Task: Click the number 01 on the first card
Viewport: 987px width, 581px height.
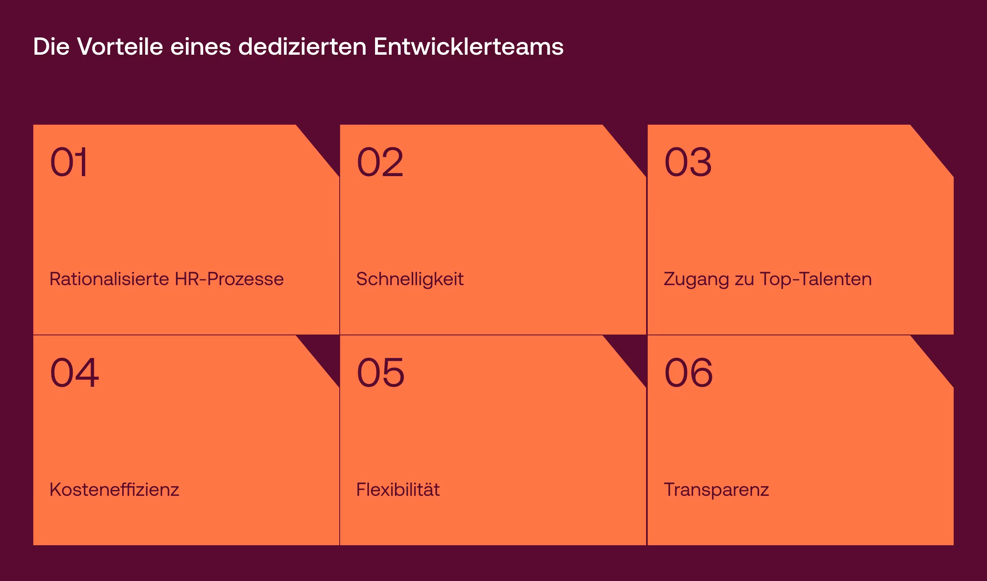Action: [69, 162]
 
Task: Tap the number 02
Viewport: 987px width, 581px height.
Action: [380, 162]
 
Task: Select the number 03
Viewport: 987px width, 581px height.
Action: [688, 162]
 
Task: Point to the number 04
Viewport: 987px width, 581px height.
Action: [74, 373]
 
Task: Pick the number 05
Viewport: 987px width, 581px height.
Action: [380, 373]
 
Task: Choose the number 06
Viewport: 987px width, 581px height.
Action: [688, 373]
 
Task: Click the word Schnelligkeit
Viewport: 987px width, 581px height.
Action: [410, 279]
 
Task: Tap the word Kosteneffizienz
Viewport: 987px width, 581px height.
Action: [114, 490]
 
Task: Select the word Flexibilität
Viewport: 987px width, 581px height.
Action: [398, 490]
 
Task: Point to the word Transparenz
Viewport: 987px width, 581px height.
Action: [716, 490]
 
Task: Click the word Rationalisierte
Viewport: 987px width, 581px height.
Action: [109, 279]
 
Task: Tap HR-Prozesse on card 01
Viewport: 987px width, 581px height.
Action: [229, 279]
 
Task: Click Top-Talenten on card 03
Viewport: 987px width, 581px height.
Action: [816, 279]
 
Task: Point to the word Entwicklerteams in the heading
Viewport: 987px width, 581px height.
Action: [468, 46]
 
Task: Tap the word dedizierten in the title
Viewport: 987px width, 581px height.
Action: [302, 46]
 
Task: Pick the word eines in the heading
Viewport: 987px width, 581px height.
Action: [201, 46]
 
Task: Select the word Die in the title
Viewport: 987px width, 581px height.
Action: [51, 46]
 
